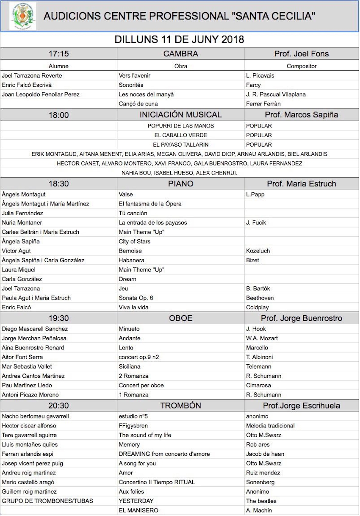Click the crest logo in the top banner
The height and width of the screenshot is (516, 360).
(22, 16)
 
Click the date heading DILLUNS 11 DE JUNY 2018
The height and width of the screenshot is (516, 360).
(180, 40)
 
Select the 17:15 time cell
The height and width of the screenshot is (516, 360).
(59, 54)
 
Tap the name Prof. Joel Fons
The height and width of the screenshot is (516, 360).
(302, 54)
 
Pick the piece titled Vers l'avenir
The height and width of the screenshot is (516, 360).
(135, 75)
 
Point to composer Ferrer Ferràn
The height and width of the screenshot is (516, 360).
(263, 103)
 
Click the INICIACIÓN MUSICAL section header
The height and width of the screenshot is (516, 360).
(181, 115)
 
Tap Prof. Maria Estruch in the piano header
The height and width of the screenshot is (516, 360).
(302, 184)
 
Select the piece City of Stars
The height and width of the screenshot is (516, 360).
(135, 241)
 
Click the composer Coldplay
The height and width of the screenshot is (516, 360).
(258, 307)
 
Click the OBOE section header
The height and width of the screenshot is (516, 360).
(181, 318)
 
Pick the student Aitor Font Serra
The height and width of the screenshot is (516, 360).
(22, 357)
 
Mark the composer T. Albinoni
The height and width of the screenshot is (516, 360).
(260, 357)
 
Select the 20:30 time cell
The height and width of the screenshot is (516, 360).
(59, 406)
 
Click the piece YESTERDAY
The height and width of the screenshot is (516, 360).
(136, 501)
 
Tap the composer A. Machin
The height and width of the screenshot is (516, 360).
(259, 510)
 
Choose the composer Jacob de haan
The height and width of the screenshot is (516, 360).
(265, 454)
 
